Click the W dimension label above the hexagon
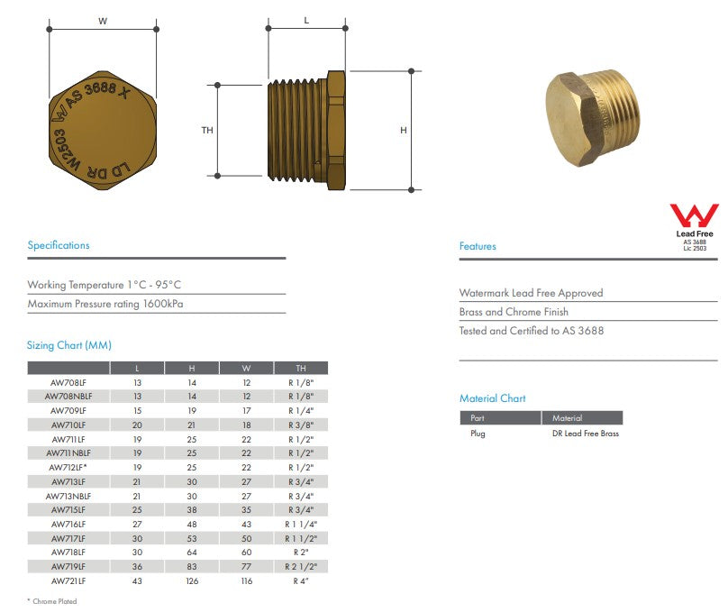coord(103,21)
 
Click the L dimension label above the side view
coord(306,21)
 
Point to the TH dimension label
coord(207,130)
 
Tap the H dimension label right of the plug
coord(404,130)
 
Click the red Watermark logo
coord(694,215)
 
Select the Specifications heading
coord(59,245)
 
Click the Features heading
coord(478,246)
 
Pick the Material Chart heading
coord(493,398)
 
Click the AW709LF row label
coord(68,410)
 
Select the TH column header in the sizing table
coord(301,369)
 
